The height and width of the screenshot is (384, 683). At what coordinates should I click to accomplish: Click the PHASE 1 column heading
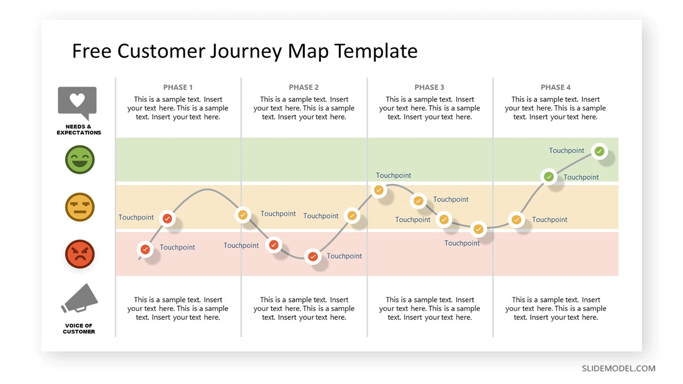click(x=178, y=87)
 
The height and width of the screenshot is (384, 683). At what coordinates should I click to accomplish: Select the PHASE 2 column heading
click(x=304, y=87)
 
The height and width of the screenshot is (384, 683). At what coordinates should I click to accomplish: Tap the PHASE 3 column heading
click(x=430, y=87)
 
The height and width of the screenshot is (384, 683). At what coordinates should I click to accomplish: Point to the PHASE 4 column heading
click(x=555, y=87)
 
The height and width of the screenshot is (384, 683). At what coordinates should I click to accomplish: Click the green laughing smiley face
click(x=80, y=159)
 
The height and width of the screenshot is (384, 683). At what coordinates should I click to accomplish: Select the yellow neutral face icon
click(x=80, y=207)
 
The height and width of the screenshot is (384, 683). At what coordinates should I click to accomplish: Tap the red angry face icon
click(x=80, y=254)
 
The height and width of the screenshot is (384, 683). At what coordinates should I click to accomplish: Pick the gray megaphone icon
click(x=80, y=299)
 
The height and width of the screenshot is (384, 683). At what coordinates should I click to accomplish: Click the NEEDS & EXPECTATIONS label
click(x=78, y=130)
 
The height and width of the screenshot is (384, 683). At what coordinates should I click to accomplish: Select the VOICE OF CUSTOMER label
click(x=78, y=329)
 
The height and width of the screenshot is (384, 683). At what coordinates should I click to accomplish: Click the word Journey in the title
click(x=246, y=51)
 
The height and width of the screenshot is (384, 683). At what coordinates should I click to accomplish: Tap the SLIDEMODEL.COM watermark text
click(x=618, y=369)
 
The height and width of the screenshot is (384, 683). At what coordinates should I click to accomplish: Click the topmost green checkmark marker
click(x=599, y=151)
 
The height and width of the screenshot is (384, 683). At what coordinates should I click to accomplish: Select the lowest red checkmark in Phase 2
click(x=313, y=257)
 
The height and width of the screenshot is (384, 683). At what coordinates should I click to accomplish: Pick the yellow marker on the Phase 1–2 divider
click(x=243, y=215)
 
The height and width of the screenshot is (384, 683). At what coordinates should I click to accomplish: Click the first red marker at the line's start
click(x=145, y=249)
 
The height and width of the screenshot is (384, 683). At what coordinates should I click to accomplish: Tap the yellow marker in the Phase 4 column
click(x=516, y=219)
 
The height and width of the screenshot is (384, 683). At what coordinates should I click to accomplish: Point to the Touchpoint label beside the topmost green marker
click(x=567, y=150)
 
